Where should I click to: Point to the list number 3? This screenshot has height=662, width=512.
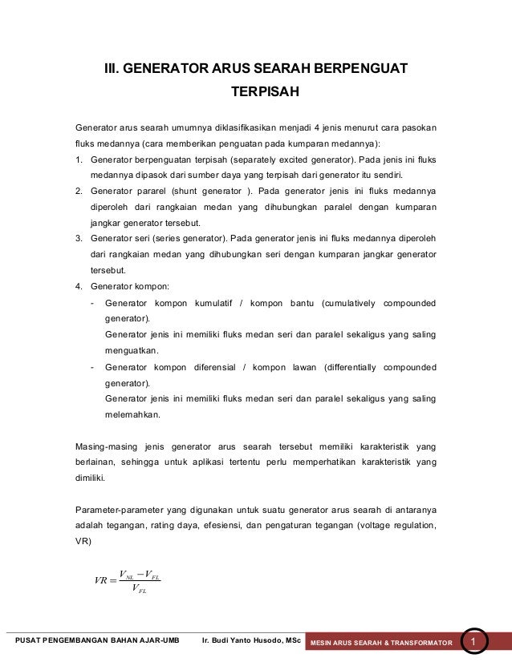click(x=78, y=238)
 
